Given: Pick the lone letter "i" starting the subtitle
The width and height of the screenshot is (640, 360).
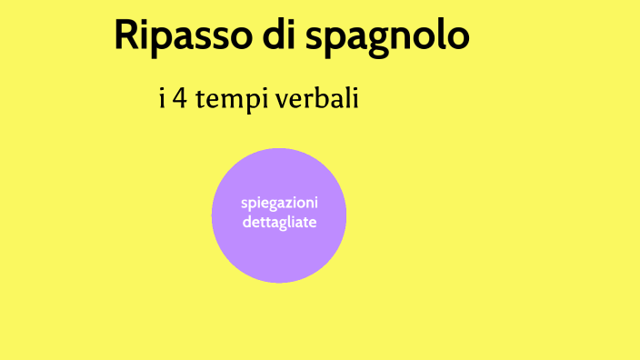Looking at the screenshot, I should pyautogui.click(x=162, y=99).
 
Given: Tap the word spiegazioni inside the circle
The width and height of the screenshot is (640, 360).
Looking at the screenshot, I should pyautogui.click(x=279, y=202).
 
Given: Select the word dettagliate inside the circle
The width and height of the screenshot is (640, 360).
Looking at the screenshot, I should pyautogui.click(x=279, y=221).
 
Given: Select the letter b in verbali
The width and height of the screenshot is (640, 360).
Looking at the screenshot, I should pyautogui.click(x=324, y=99).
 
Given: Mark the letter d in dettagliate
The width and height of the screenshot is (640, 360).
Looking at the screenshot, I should pyautogui.click(x=246, y=221).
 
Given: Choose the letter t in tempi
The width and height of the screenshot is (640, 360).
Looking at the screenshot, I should pyautogui.click(x=204, y=100).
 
